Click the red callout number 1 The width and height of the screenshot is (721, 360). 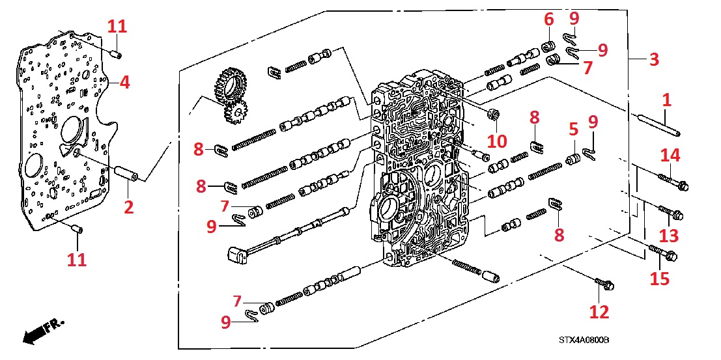tap(666, 101)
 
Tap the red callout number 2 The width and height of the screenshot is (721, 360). tap(128, 207)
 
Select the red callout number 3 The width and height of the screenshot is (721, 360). tap(654, 59)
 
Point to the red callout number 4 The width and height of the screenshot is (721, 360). tap(124, 83)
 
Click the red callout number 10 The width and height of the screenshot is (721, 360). tap(498, 141)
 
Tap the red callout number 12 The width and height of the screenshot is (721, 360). tap(599, 312)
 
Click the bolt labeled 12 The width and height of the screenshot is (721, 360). tap(605, 284)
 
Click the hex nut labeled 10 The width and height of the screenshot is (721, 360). tap(493, 115)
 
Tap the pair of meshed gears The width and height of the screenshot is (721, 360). tap(230, 96)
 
